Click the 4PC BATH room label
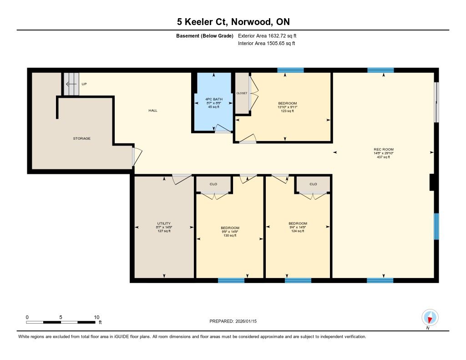tap(214, 99)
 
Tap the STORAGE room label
tap(82, 138)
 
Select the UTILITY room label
tap(164, 223)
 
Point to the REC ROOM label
tap(384, 150)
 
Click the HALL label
tap(153, 111)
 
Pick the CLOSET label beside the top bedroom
tap(242, 93)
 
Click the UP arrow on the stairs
tap(71, 84)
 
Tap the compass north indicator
tap(430, 318)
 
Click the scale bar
tap(61, 322)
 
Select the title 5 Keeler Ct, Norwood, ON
tap(233, 22)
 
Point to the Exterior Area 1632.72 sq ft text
tap(267, 36)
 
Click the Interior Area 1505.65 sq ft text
tap(267, 43)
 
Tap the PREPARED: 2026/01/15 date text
tap(233, 321)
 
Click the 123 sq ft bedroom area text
tap(288, 111)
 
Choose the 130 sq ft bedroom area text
tap(230, 235)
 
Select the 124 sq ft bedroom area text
tap(298, 231)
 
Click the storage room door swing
tap(137, 157)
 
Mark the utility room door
tap(182, 179)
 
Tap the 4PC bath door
tap(223, 128)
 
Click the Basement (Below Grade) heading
tap(205, 36)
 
